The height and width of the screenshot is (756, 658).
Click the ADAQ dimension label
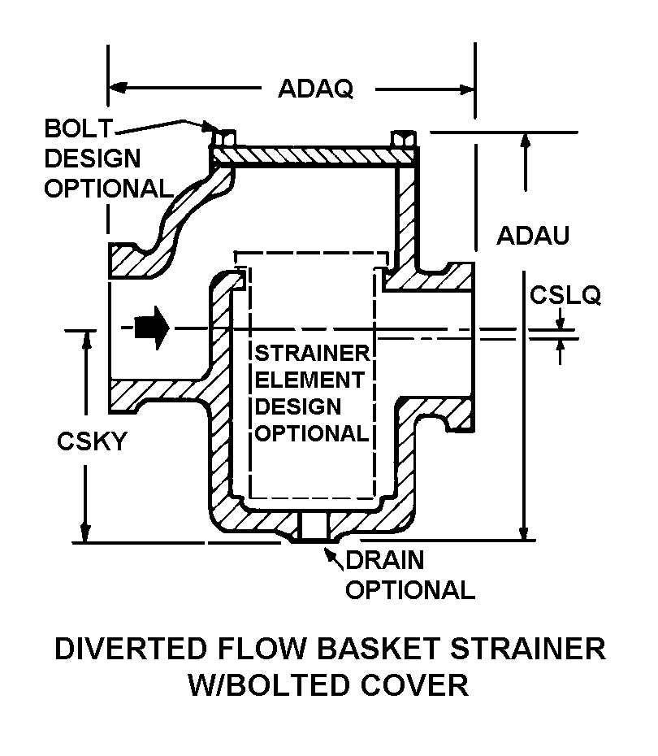(x=315, y=88)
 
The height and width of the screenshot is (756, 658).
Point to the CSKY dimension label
(x=92, y=441)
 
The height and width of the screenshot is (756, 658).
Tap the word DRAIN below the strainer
(x=385, y=560)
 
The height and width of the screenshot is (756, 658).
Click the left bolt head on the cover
(x=223, y=136)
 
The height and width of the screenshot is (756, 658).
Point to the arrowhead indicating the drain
(x=331, y=554)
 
